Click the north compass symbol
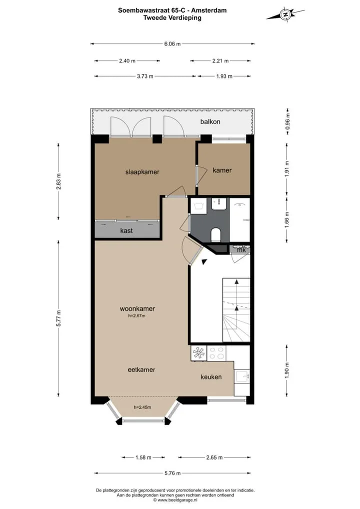tap(285, 14)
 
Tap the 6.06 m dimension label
tap(172, 44)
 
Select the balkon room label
tap(210, 121)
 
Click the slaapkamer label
tap(142, 172)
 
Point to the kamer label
tap(222, 170)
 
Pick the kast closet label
tap(126, 230)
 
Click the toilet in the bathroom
tap(216, 234)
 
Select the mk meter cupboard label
tap(241, 250)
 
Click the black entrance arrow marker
tap(204, 261)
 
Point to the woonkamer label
tap(137, 308)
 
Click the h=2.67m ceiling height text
tap(136, 316)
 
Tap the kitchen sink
tap(241, 377)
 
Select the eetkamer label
tap(141, 369)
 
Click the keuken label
tap(211, 377)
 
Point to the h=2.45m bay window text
tap(142, 407)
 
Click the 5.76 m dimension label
tap(172, 473)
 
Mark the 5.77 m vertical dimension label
tap(59, 318)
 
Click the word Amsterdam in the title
tap(208, 10)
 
